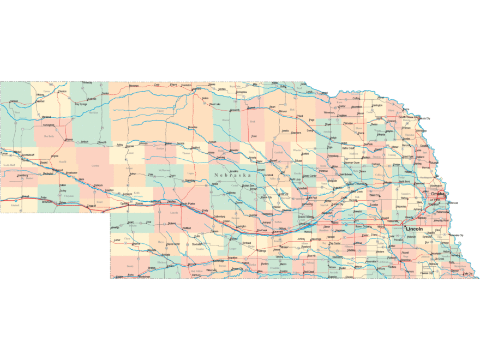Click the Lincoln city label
click(415, 229)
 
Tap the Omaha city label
click(437, 194)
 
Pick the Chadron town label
click(62, 91)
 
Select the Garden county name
click(95, 165)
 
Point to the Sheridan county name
click(93, 113)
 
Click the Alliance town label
click(69, 140)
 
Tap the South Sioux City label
click(408, 117)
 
